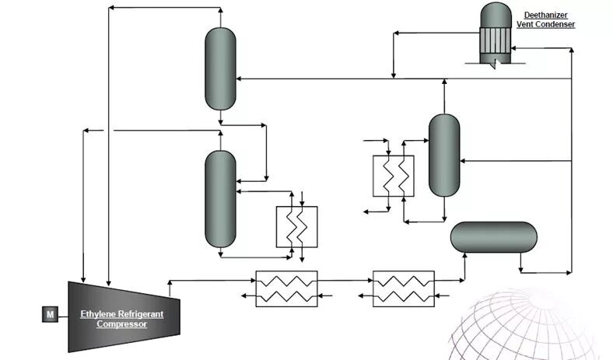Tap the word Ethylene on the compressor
pyautogui.click(x=98, y=314)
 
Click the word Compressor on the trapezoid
pyautogui.click(x=121, y=323)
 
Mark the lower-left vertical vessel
pyautogui.click(x=220, y=198)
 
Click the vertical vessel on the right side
pyautogui.click(x=444, y=156)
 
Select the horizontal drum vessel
pyautogui.click(x=494, y=237)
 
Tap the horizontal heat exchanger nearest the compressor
pyautogui.click(x=286, y=288)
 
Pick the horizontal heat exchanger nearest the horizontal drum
pyautogui.click(x=404, y=288)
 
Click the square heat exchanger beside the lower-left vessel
pyautogui.click(x=297, y=227)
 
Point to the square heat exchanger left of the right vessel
pyautogui.click(x=393, y=176)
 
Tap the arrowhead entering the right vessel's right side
pyautogui.click(x=464, y=162)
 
